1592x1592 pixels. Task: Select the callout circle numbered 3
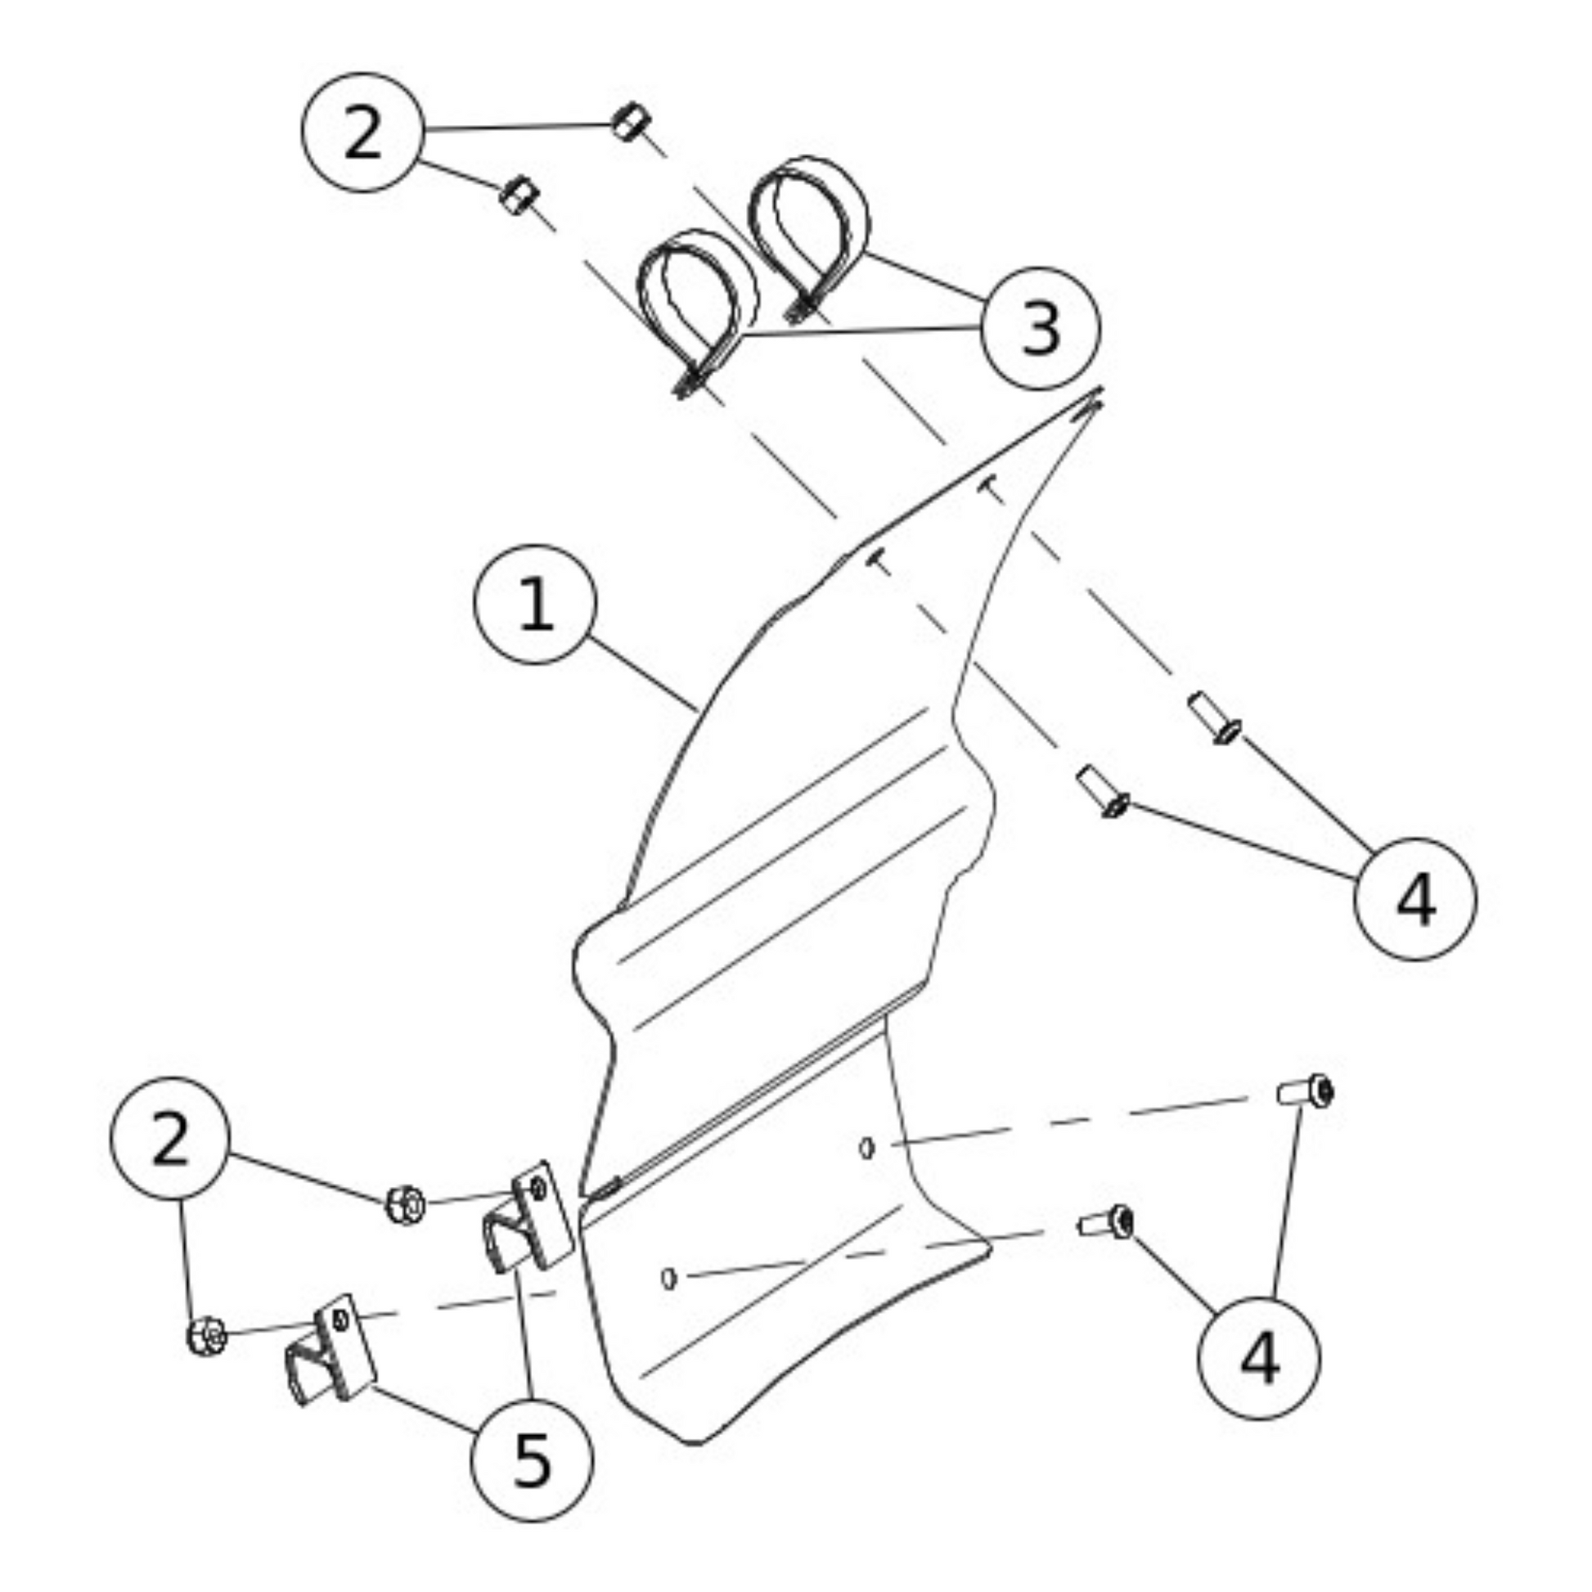point(1040,328)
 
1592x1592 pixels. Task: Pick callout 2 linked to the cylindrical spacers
point(362,132)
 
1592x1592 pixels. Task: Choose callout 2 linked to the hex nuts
point(170,1138)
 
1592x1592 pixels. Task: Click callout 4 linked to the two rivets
point(1415,899)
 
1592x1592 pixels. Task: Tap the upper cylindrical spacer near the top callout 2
point(631,122)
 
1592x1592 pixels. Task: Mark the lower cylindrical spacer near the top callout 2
point(519,196)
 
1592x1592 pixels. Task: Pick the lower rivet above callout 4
point(1103,790)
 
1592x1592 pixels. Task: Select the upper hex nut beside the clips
point(406,1205)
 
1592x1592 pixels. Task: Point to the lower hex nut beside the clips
point(206,1336)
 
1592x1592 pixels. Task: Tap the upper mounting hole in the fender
point(867,1148)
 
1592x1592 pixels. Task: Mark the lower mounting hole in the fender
point(669,1278)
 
